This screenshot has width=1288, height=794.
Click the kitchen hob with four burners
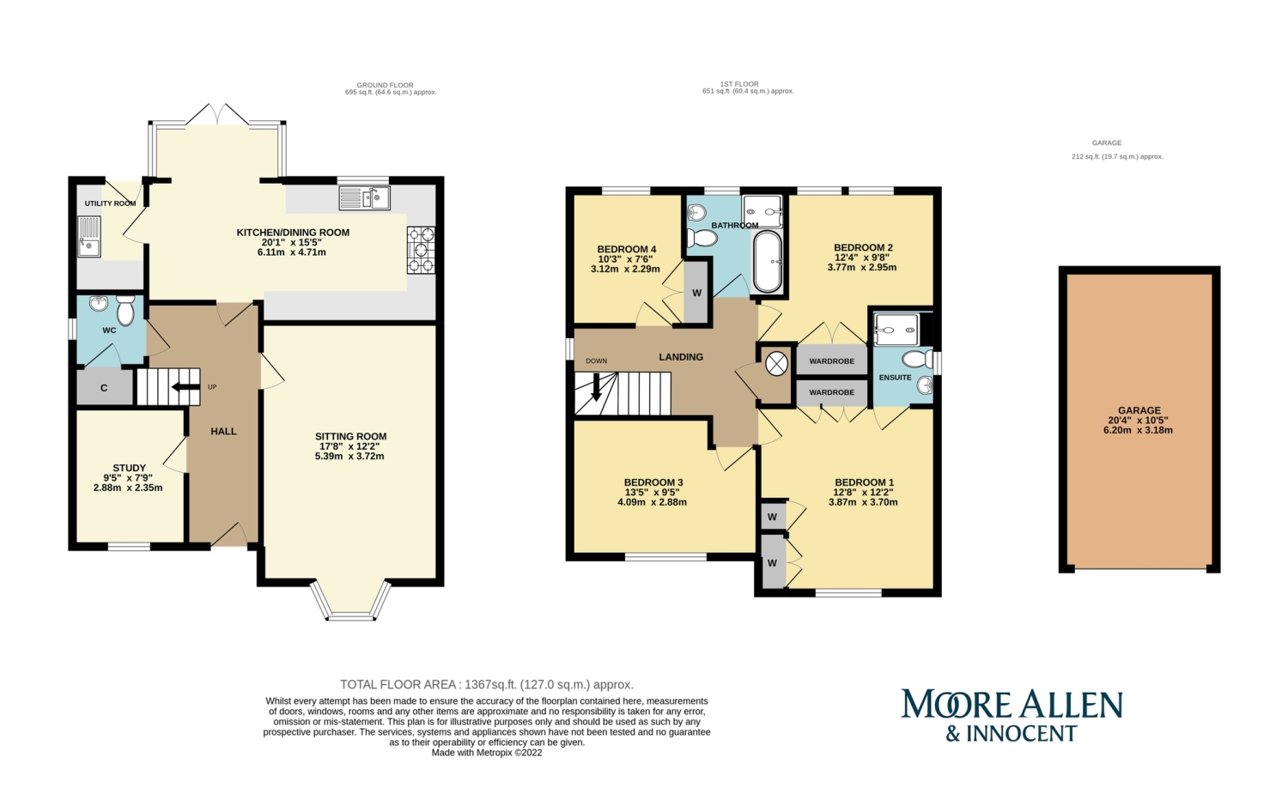click(421, 250)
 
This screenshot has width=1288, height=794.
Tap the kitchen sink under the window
click(365, 197)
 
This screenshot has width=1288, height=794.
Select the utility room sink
click(89, 236)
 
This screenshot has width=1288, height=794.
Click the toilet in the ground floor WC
click(125, 311)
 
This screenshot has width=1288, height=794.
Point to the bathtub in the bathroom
click(768, 262)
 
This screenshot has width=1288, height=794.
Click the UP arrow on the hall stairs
click(185, 387)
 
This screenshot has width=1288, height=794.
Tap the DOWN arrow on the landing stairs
click(596, 386)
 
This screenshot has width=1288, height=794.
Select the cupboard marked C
click(105, 387)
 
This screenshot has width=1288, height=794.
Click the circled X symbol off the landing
click(776, 363)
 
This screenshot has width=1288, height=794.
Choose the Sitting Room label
click(350, 436)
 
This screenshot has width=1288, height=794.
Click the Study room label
click(130, 468)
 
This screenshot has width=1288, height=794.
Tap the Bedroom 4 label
click(627, 249)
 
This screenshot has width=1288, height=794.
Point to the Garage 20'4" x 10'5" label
click(1139, 420)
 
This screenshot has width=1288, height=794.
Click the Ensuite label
click(896, 378)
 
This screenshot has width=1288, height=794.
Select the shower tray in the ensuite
click(896, 330)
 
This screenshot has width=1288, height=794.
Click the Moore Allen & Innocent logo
click(1012, 715)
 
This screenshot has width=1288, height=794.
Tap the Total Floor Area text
click(487, 685)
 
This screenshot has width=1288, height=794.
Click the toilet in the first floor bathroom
click(702, 238)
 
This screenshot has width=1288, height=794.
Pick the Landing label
click(681, 357)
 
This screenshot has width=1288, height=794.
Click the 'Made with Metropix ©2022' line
click(487, 753)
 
